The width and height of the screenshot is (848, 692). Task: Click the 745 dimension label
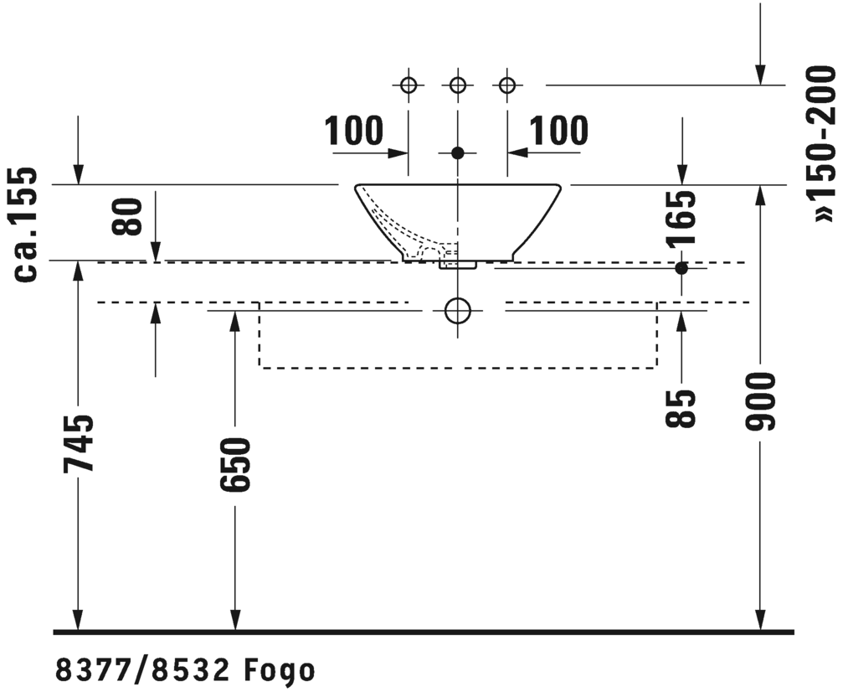(79, 444)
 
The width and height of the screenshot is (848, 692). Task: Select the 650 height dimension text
(236, 465)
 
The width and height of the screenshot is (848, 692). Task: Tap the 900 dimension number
(760, 401)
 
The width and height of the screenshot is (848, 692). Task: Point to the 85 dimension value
(681, 409)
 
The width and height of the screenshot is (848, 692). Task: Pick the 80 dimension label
(127, 217)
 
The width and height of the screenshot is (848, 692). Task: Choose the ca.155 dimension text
(25, 224)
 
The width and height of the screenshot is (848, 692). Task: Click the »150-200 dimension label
(821, 144)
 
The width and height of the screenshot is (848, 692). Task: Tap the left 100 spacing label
(354, 131)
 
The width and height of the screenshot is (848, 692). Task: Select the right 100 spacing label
(558, 131)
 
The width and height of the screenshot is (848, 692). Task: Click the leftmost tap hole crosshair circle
(409, 85)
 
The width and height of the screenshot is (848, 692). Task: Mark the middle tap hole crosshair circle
(458, 85)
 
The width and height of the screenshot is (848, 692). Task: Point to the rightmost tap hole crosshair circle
(507, 85)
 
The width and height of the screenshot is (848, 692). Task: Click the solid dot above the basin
(458, 153)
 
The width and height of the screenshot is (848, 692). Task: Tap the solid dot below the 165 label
(681, 268)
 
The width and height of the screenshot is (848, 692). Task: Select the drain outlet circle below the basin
(458, 311)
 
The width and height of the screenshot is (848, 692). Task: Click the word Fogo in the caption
(279, 671)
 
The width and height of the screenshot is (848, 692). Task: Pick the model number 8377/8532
(143, 671)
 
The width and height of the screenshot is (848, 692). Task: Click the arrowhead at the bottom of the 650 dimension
(235, 620)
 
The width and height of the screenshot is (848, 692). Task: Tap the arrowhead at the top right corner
(760, 75)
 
